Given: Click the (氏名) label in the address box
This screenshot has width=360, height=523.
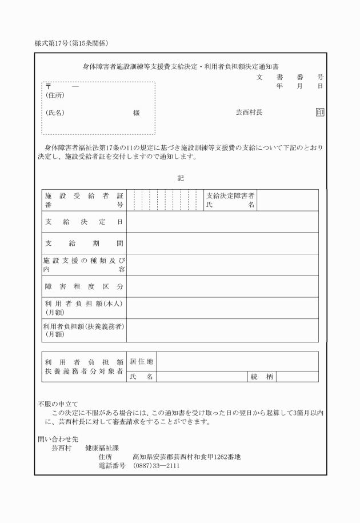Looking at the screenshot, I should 55,113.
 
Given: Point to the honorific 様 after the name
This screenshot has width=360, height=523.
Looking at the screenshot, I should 136,113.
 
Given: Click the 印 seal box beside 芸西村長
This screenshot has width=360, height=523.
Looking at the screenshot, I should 320,113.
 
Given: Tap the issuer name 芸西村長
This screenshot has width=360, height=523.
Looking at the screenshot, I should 249,113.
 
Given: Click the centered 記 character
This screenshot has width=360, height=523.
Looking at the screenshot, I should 181,178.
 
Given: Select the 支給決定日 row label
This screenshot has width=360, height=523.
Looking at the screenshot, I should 84,222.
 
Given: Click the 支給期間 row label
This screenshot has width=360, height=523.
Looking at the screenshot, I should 84,243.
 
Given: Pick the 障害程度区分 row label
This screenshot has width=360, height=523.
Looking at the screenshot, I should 84,286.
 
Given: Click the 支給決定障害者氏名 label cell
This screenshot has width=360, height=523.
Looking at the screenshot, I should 230,200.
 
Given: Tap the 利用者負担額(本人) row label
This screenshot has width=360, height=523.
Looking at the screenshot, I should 84,308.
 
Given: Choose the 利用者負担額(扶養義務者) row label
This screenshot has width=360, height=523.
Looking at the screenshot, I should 84,330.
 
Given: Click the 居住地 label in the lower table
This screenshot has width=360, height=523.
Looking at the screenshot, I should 142,361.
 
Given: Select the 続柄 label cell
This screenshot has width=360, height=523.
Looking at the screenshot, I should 262,376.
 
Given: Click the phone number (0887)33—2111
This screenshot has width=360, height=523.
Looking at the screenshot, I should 156,466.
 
